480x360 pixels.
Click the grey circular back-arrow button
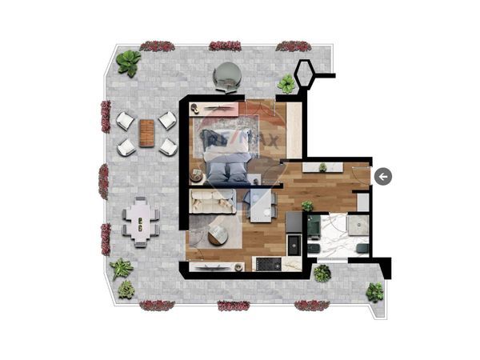(383, 177)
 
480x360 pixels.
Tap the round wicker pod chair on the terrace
(228, 77)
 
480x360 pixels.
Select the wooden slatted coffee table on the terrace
(147, 133)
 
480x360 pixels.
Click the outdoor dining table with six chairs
(141, 222)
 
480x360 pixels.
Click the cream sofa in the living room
(213, 201)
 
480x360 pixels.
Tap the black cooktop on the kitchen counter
(269, 264)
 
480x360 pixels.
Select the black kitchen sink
(294, 245)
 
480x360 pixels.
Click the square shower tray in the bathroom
(358, 225)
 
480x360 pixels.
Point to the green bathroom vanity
(314, 227)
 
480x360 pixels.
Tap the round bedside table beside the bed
(197, 177)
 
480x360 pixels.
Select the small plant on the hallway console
(322, 168)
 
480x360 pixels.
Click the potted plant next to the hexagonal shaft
(286, 83)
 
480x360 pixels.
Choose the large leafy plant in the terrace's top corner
(129, 63)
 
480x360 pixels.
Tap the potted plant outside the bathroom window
(322, 274)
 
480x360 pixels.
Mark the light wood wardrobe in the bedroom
(294, 130)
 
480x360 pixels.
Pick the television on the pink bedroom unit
(218, 107)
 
